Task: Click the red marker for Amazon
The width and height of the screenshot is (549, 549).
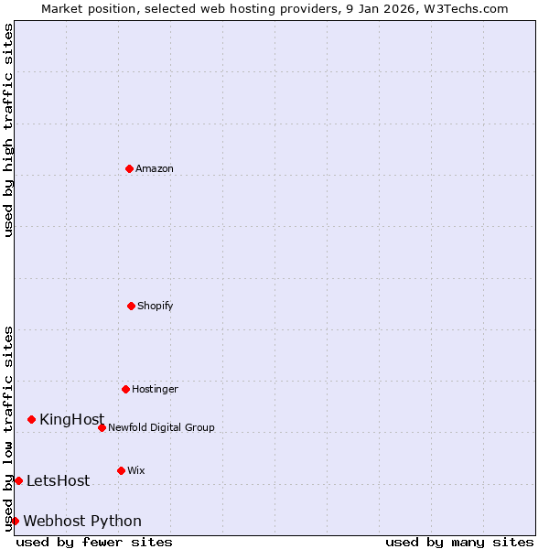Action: (x=129, y=168)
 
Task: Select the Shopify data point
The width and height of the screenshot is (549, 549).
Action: (x=131, y=306)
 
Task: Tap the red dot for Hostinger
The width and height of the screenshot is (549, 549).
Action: (x=125, y=389)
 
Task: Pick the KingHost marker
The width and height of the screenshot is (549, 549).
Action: (x=31, y=419)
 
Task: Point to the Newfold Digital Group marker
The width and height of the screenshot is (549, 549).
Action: (x=102, y=427)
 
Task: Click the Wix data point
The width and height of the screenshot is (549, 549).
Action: (x=121, y=470)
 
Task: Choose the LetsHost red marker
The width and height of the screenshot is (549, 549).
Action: (x=18, y=480)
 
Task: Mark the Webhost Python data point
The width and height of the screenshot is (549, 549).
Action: (x=15, y=521)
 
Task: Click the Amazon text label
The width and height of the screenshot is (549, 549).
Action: (x=155, y=168)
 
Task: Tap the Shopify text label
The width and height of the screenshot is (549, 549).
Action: (x=156, y=306)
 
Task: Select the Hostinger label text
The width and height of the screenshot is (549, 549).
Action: (x=155, y=389)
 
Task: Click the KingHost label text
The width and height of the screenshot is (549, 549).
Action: (x=71, y=419)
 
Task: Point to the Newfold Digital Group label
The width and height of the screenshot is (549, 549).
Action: (x=161, y=427)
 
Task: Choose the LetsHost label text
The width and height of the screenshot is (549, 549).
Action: (x=58, y=480)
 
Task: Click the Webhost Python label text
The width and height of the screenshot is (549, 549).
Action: (x=82, y=521)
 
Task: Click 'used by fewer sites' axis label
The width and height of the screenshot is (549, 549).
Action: (x=94, y=542)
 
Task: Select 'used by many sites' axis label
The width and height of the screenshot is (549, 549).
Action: (x=459, y=542)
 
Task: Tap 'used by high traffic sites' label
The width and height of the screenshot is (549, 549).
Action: (x=8, y=130)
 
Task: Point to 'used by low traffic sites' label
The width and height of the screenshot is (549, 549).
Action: (x=8, y=428)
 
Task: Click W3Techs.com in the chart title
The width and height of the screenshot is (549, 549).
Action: (x=464, y=8)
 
